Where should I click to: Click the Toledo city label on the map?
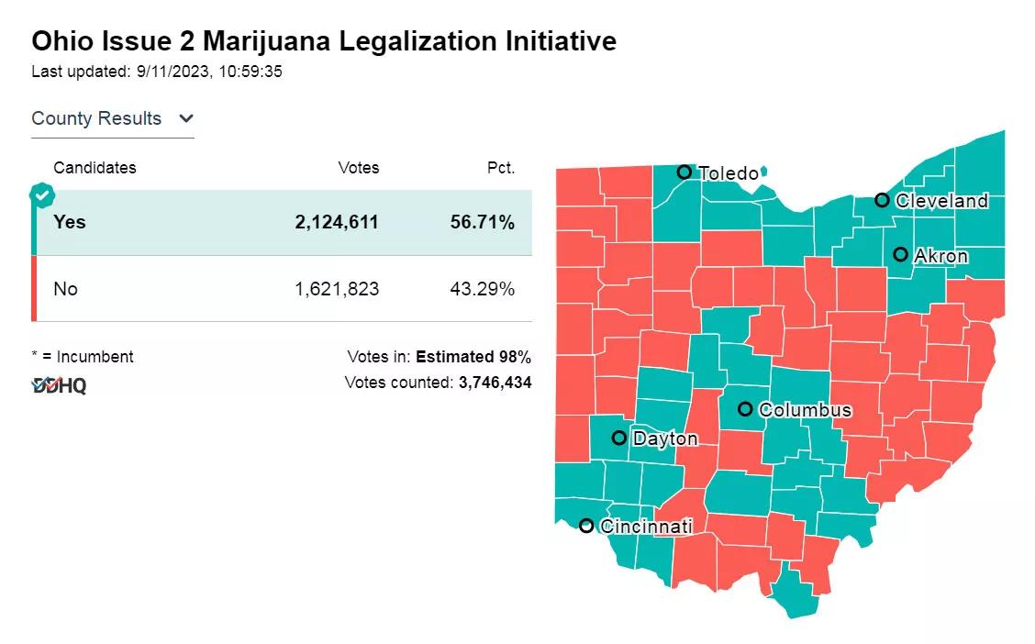729,173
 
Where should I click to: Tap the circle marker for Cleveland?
882,200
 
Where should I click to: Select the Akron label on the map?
940,256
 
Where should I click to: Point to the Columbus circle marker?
745,409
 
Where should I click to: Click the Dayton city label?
665,439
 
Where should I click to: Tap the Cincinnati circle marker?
586,526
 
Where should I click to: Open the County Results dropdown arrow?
186,118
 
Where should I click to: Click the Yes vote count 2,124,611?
337,222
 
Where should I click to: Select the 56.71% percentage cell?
483,222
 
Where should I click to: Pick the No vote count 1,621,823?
337,289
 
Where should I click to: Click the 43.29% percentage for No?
483,289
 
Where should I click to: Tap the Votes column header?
358,168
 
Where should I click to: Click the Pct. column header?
501,168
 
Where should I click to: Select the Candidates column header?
95,168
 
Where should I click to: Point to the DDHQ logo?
60,386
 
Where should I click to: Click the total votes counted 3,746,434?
495,383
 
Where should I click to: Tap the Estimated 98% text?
473,357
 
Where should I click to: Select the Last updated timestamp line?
157,72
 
